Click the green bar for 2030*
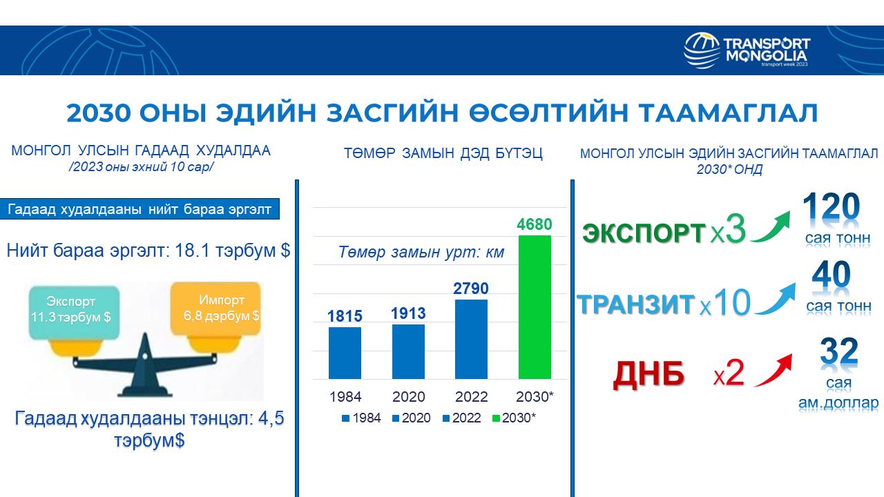pos(535,307)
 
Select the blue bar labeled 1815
pos(345,353)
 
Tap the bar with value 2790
pos(471,339)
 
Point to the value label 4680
pos(535,224)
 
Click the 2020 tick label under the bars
pos(408,396)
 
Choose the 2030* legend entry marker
pos(496,418)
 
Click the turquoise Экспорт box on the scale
pos(74,313)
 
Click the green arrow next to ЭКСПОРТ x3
pos(771,228)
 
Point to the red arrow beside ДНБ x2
pos(774,371)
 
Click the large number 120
pos(831,206)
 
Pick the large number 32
pos(839,351)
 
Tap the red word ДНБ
pos(648,374)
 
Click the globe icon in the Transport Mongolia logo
pos(702,51)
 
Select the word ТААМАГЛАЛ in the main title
pos(729,113)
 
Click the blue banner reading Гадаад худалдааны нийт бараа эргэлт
pos(140,209)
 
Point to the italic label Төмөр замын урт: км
pos(421,252)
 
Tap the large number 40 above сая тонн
pos(831,275)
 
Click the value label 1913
pos(408,313)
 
